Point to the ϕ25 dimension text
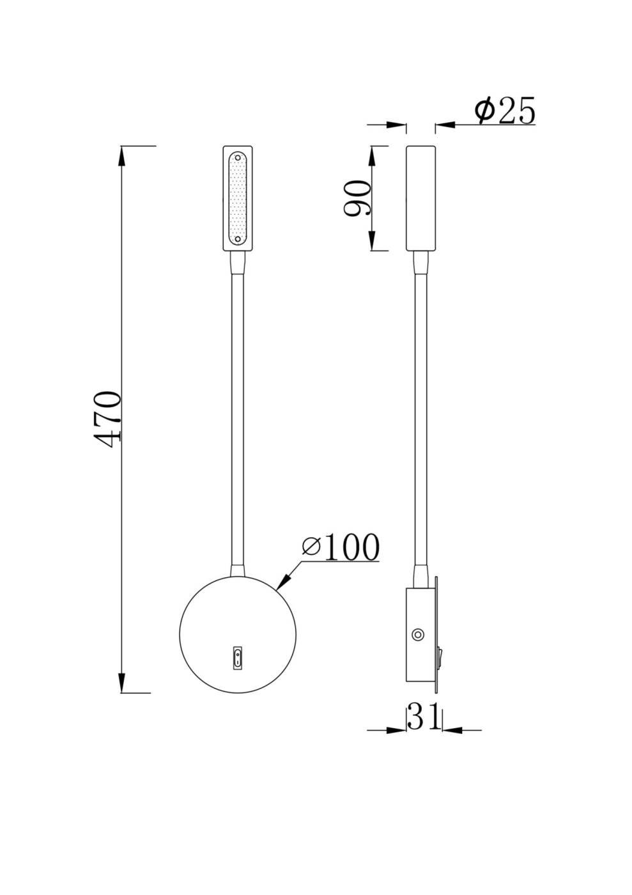pos(504,111)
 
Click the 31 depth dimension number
pos(424,717)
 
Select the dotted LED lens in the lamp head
pos(237,198)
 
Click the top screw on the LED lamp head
pos(237,157)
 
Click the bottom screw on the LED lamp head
pos(237,240)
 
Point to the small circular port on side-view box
pos(418,635)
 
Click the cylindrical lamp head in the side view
pos(421,198)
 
